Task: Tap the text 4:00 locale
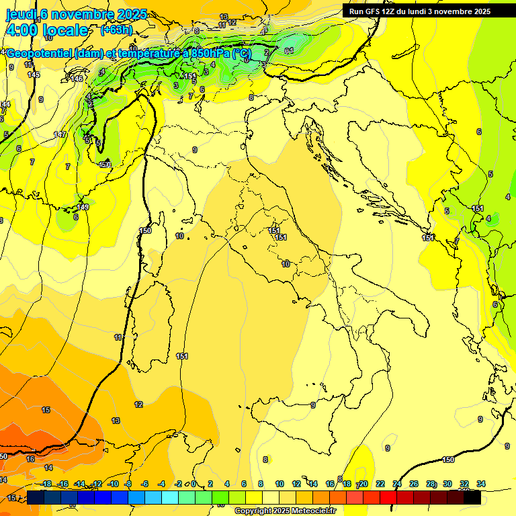click(x=46, y=30)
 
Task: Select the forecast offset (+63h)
click(x=116, y=30)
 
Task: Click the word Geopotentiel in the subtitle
click(x=40, y=53)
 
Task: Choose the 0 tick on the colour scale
click(x=193, y=484)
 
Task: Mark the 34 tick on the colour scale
click(x=481, y=484)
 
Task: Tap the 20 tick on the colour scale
click(x=363, y=484)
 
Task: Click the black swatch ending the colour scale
click(x=472, y=497)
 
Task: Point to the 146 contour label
click(x=77, y=79)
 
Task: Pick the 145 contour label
click(x=34, y=75)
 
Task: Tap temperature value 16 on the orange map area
click(x=30, y=459)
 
